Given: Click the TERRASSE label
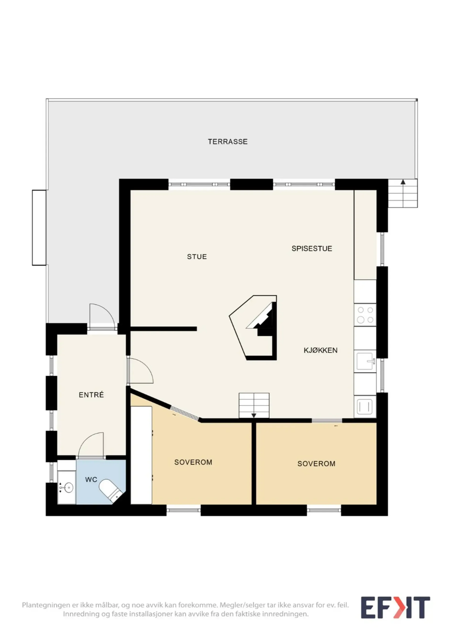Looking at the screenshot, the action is [x=228, y=142].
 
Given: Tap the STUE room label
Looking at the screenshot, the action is [x=197, y=257].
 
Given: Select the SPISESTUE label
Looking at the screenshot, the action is [x=312, y=248].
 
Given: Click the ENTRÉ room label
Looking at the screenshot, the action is [x=91, y=395].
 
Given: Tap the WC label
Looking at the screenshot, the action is [x=91, y=479].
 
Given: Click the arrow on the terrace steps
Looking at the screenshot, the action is [x=403, y=182].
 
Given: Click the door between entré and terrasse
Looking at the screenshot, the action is [x=102, y=317].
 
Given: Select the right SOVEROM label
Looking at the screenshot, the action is [x=316, y=463].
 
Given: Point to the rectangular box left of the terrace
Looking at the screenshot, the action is [x=39, y=227].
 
